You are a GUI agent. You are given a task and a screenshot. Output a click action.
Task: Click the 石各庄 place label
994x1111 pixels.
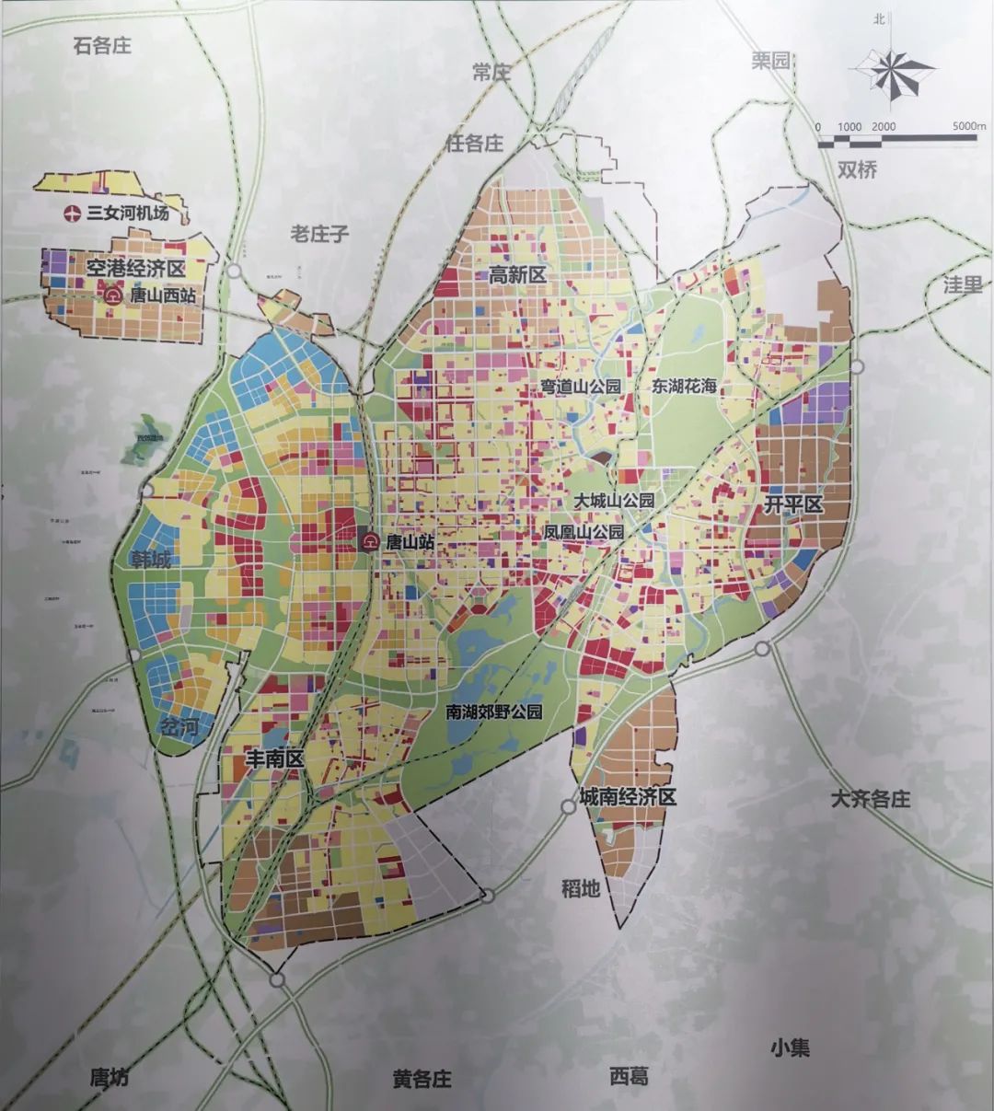102,45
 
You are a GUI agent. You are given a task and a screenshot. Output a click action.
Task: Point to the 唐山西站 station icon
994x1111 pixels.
113,295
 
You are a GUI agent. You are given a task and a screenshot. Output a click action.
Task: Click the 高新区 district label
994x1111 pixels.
517,273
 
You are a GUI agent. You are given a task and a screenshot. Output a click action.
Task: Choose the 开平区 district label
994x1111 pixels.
792,505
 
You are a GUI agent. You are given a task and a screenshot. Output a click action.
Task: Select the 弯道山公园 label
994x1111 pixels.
581,386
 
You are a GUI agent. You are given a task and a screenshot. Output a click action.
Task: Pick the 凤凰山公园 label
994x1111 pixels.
584,532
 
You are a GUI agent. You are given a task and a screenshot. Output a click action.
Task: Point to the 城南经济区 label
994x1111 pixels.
628,797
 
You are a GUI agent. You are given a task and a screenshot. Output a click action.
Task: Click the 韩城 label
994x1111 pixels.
149,559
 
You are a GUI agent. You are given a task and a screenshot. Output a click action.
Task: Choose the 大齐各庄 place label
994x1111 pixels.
869,798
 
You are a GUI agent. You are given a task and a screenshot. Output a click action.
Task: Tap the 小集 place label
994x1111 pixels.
791,1047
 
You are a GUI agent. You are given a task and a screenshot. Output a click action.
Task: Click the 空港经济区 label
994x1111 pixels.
135,269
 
